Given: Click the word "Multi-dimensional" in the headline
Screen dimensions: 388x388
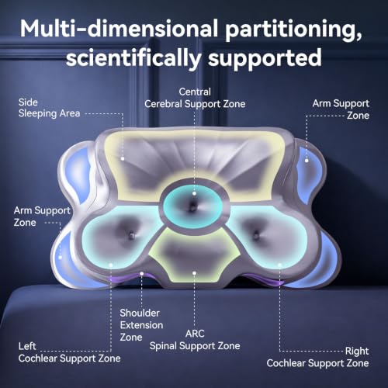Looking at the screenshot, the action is pos(119,29).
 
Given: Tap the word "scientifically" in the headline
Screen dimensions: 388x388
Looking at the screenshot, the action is pos(133,58).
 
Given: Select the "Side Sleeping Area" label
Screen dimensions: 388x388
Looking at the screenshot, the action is pos(49,108).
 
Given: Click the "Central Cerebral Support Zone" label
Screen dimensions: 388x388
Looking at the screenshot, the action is pos(195,98).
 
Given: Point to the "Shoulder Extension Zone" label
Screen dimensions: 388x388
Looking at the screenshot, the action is pos(141,325).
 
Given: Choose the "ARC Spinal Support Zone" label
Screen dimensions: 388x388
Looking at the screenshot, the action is pos(195,340).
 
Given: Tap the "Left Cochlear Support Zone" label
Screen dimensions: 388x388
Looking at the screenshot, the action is pos(69,352).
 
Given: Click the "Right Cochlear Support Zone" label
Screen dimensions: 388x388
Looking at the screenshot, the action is pos(317,357).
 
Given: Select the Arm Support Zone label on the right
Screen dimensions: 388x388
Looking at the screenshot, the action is pos(341,109).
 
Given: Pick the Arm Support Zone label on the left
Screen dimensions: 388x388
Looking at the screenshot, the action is pos(42,217).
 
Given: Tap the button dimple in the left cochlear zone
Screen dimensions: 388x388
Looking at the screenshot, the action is pos(132,235).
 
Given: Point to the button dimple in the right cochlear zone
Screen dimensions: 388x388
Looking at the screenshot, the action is pos(256,235).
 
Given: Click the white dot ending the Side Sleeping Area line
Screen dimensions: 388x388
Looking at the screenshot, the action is pos(123,158).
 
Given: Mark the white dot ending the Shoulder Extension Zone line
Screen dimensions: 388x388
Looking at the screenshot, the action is pos(141,273).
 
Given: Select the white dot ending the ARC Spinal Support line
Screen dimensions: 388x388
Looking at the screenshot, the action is pos(194,273).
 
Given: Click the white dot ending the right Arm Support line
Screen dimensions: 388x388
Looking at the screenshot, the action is pos(307,161).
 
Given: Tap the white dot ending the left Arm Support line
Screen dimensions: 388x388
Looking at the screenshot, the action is pos(60,258).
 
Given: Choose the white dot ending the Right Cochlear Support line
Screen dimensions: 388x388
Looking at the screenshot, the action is pos(279,265).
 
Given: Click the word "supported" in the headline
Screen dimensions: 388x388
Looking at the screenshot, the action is pos(265,58).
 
